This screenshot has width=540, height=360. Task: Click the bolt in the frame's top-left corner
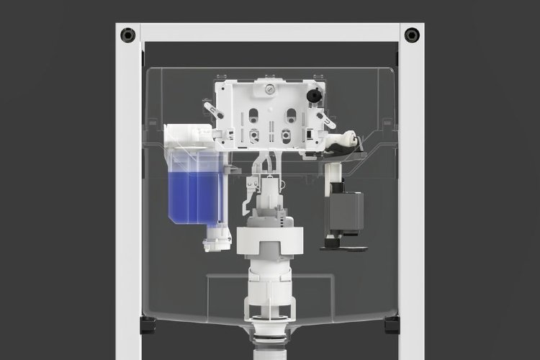click(129, 34)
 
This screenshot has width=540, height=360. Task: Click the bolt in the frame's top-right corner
click(411, 34)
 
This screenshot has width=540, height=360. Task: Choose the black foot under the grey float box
click(345, 246)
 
